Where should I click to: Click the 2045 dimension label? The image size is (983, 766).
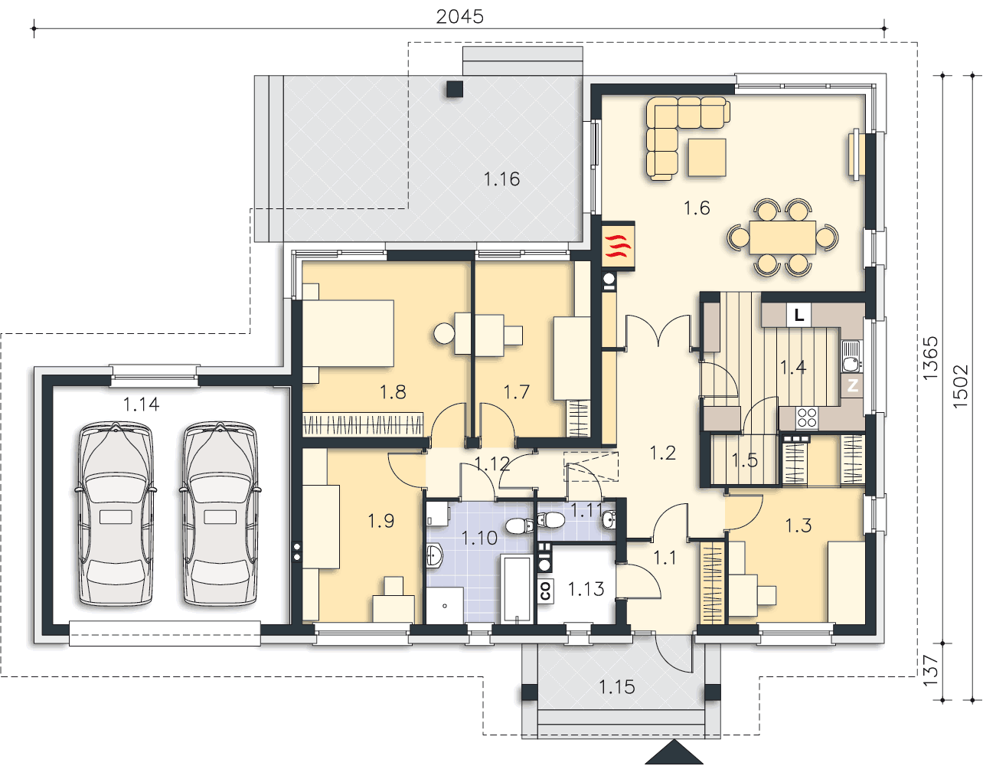coord(459,17)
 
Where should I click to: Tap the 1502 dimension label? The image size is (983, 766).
coord(960,387)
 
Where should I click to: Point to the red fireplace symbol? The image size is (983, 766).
coord(618,246)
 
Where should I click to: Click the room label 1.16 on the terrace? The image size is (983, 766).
coord(501,179)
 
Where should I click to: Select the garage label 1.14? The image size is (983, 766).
coord(141,404)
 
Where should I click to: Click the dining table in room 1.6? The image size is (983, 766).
coord(782,237)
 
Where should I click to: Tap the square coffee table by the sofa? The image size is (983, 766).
coord(707,157)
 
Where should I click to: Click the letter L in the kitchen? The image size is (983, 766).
coord(799,315)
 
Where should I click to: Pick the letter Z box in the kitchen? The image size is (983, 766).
coord(852,386)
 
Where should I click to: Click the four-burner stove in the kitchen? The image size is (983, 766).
coord(807,417)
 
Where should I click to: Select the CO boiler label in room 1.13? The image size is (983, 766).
coord(545,591)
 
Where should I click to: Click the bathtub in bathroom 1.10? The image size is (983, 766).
coord(516,590)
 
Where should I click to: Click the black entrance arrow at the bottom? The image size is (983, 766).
coord(674,752)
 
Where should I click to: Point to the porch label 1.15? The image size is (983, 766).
coord(617,687)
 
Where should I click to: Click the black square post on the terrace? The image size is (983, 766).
coord(455,89)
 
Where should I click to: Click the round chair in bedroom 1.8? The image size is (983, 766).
coord(444,334)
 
